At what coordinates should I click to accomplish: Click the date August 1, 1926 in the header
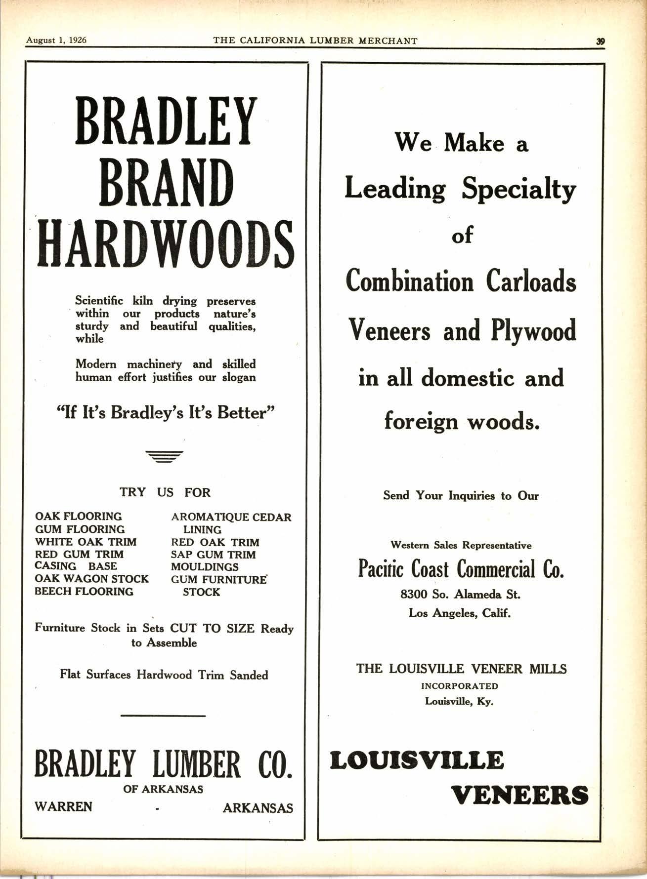pos(56,40)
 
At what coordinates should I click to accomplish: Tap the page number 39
pos(601,42)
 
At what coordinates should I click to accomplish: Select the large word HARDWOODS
pos(166,244)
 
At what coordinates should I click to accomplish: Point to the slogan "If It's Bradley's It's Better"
pos(166,412)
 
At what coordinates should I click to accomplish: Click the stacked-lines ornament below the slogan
pos(165,457)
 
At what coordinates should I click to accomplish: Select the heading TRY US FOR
pos(165,492)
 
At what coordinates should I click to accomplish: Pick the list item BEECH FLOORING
pos(84,592)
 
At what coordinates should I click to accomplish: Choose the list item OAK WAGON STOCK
pos(91,579)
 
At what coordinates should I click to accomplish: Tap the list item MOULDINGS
pos(205,567)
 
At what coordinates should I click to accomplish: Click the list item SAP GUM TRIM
pos(213,555)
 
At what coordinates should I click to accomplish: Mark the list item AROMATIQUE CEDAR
pos(231,518)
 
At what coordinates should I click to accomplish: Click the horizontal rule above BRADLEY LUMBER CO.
pos(163,716)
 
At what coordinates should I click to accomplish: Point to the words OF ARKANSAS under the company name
pos(163,789)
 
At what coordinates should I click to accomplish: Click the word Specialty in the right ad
pos(518,190)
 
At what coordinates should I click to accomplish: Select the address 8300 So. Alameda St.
pos(460,594)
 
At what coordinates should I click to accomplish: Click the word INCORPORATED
pos(460,686)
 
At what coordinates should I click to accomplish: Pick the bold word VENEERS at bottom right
pos(520,796)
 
